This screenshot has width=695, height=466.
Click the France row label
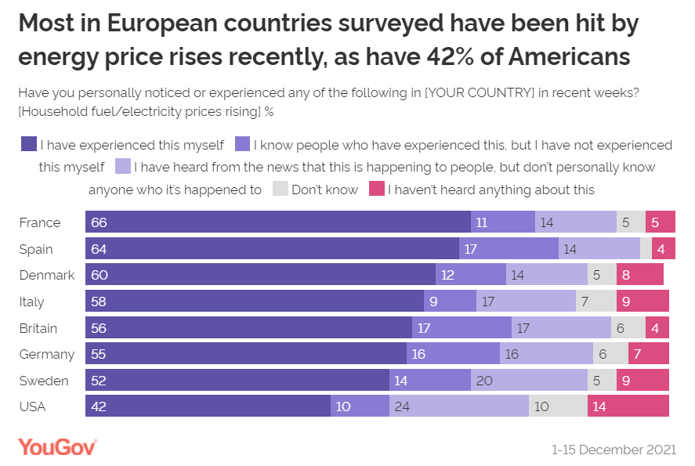pyautogui.click(x=39, y=222)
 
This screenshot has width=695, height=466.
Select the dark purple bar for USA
pyautogui.click(x=208, y=406)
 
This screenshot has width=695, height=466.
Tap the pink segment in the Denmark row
pyautogui.click(x=640, y=275)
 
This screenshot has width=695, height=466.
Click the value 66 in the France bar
pyautogui.click(x=99, y=222)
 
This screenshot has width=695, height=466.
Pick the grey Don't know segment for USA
pyautogui.click(x=558, y=406)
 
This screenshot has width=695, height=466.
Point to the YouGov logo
pyautogui.click(x=57, y=446)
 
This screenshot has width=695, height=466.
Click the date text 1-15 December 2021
pyautogui.click(x=614, y=450)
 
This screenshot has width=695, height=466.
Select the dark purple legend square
pyautogui.click(x=28, y=144)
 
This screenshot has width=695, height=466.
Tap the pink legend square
pyautogui.click(x=376, y=190)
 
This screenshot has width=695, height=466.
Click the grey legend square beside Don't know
pyautogui.click(x=280, y=190)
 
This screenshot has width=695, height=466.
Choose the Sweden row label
pyautogui.click(x=44, y=381)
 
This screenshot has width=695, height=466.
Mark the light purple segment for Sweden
pyautogui.click(x=529, y=380)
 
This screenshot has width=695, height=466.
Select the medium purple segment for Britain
pyautogui.click(x=462, y=327)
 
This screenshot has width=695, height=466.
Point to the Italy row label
pyautogui.click(x=31, y=302)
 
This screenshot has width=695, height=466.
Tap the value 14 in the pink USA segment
pyautogui.click(x=599, y=406)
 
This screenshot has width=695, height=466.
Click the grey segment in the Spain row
pyautogui.click(x=646, y=249)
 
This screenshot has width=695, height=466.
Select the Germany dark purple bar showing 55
pyautogui.click(x=246, y=354)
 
